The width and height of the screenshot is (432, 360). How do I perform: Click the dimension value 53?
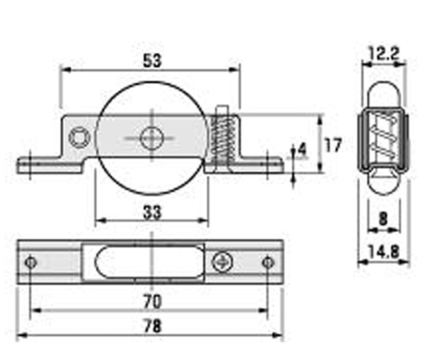coord(152,61)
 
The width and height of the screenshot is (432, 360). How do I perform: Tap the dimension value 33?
coord(152,212)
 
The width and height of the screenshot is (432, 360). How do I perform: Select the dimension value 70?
coord(152,302)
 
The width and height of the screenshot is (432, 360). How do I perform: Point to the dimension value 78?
coord(152,326)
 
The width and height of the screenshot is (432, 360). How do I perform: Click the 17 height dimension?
coord(333,145)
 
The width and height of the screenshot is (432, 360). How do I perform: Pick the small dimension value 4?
coord(302,150)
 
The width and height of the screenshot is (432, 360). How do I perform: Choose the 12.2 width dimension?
coord(383,54)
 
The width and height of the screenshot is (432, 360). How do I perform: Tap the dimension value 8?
coord(383,219)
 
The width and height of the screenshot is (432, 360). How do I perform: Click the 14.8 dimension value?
coord(383,251)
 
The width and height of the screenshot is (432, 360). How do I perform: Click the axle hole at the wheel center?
coord(152,138)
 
